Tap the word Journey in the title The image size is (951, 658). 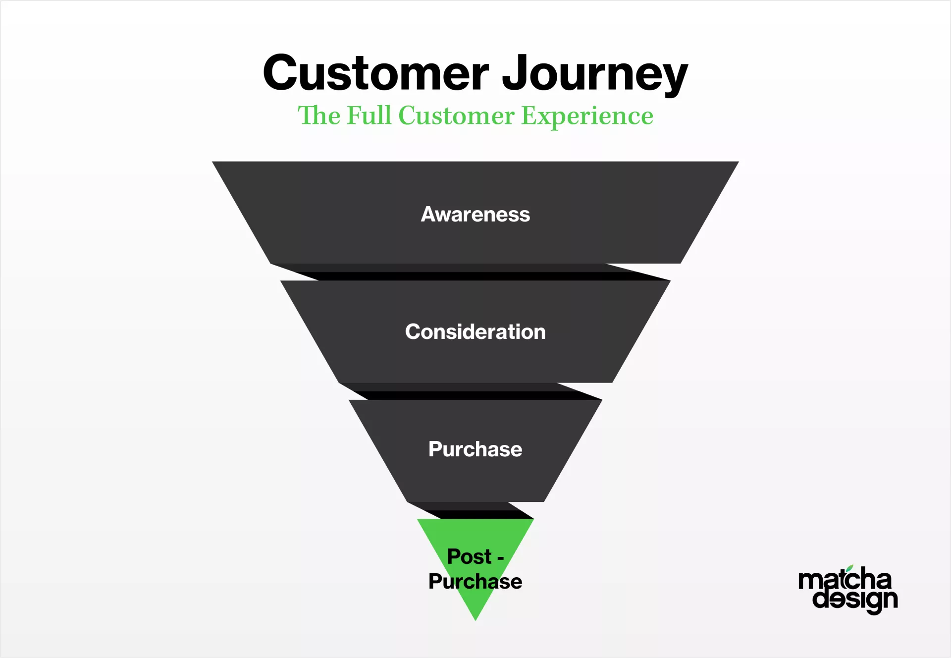pos(595,74)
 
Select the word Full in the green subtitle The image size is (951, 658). pos(369,115)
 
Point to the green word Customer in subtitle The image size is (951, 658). pos(456,116)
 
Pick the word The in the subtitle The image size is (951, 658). pos(319,115)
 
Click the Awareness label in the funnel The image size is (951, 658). pos(475,214)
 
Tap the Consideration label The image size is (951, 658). pos(475,331)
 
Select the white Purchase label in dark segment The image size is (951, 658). pos(475,449)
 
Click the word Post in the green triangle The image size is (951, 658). pos(469,556)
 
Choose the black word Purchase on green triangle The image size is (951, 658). pos(475,581)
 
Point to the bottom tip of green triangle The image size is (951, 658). pos(475,620)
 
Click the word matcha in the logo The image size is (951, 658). pos(845,578)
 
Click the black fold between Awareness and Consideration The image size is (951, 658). pos(471,272)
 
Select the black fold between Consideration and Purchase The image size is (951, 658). pos(471,391)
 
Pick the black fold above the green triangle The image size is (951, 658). pos(471,511)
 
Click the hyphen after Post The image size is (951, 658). pos(500,558)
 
